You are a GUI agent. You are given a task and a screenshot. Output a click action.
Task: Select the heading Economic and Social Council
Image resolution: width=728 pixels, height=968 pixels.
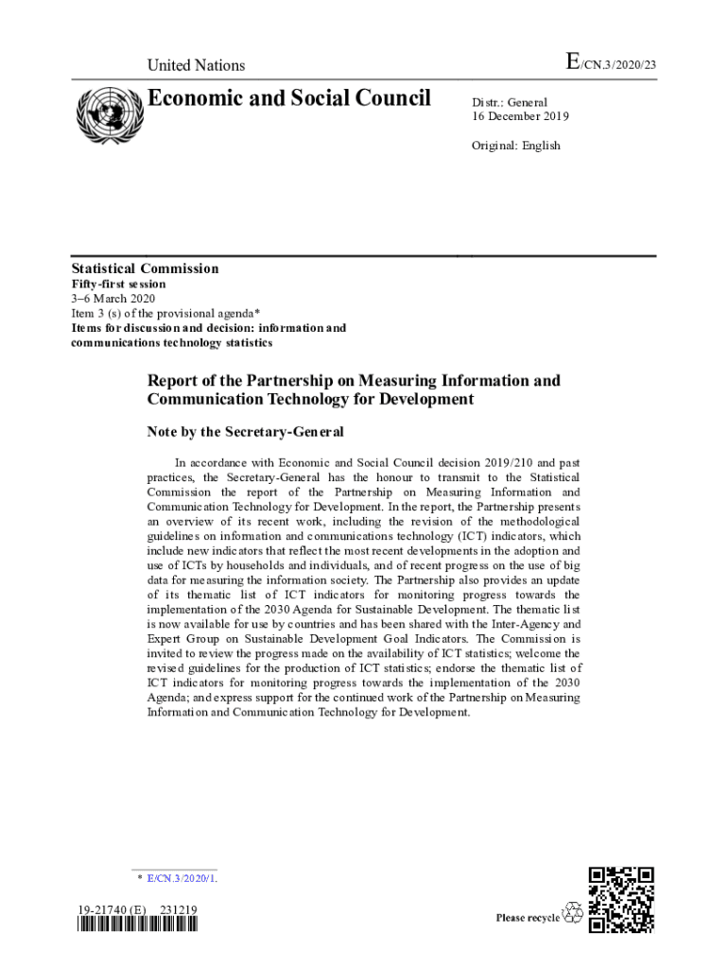[x=289, y=98]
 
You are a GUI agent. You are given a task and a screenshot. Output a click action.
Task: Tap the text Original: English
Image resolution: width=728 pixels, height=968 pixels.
[x=516, y=146]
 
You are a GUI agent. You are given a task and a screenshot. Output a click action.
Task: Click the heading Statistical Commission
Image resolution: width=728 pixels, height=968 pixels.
[x=146, y=269]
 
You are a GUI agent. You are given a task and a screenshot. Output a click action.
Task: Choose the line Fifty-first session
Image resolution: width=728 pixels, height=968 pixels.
[x=119, y=284]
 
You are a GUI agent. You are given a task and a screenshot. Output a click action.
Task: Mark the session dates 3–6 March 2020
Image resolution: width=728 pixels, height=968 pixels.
[x=107, y=299]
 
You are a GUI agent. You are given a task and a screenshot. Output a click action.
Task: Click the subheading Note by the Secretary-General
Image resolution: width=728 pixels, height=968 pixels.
[x=245, y=432]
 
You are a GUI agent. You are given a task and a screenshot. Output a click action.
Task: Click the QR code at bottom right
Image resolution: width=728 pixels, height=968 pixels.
[x=621, y=899]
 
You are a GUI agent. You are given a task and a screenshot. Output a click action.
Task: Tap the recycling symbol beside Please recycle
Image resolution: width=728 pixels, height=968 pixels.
[x=573, y=914]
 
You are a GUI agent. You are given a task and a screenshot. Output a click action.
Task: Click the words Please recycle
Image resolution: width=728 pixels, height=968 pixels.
[x=528, y=918]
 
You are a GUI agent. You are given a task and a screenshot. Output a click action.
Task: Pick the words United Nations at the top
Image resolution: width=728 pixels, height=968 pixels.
[x=196, y=65]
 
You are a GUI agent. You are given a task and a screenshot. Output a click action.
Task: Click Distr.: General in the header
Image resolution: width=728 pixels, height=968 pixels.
[x=510, y=102]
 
